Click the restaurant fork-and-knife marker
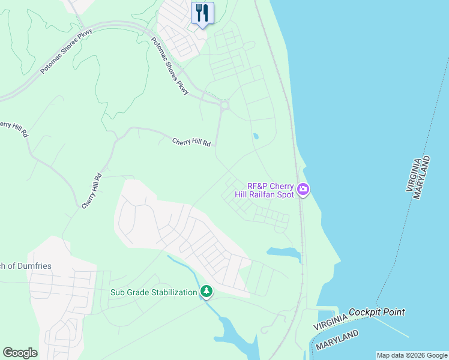click(x=202, y=13)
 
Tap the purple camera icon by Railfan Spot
click(x=303, y=190)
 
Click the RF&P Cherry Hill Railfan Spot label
click(x=271, y=190)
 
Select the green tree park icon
click(x=206, y=292)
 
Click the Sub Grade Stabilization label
click(x=154, y=292)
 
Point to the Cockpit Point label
click(x=376, y=312)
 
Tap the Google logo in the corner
click(x=20, y=353)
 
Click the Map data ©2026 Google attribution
click(x=412, y=355)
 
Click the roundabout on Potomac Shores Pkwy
click(x=224, y=106)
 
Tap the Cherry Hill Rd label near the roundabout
click(x=192, y=142)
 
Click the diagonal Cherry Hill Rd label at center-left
click(x=92, y=191)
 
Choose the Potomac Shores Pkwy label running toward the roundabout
click(x=170, y=66)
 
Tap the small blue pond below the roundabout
click(x=256, y=136)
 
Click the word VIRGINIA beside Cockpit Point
click(x=330, y=322)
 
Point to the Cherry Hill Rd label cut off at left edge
click(x=13, y=128)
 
